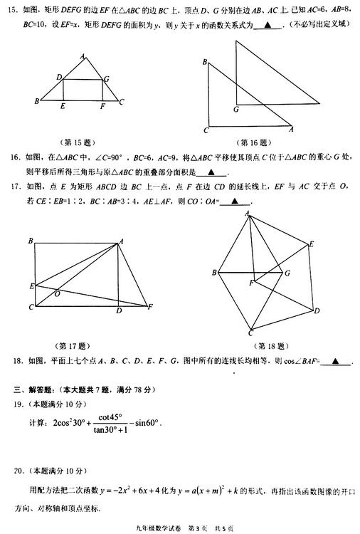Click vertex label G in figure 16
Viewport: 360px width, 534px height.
[235, 110]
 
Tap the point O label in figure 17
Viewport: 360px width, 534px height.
[57, 292]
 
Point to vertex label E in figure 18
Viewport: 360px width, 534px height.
[311, 245]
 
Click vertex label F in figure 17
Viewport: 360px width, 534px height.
[149, 308]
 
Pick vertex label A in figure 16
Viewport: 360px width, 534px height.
[291, 129]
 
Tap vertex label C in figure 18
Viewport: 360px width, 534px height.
[250, 333]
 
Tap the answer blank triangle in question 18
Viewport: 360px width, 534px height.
[334, 362]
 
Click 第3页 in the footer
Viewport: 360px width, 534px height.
[197, 528]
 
